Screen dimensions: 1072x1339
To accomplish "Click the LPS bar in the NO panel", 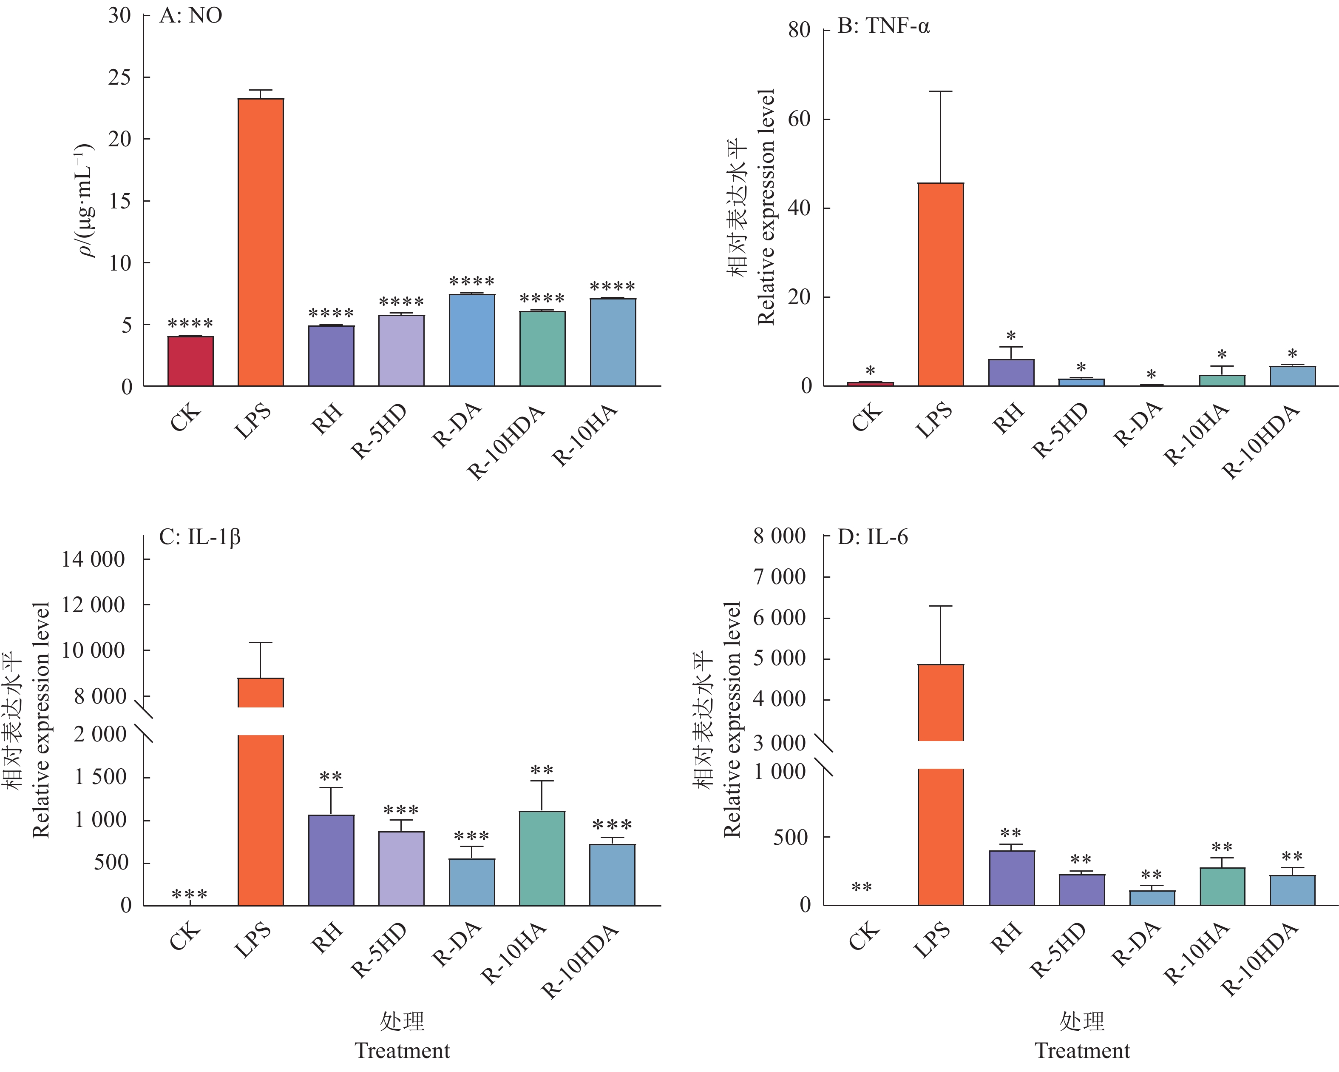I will (261, 242).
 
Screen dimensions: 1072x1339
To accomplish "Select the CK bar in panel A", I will (191, 361).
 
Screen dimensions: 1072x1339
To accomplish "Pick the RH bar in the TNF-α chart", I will (1011, 373).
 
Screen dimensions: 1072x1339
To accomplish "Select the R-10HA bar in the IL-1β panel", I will (542, 858).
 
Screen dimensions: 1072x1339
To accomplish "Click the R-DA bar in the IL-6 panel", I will (1152, 898).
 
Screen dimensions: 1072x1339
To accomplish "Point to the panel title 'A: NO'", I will (191, 16).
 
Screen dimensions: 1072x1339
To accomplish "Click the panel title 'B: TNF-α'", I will (883, 27).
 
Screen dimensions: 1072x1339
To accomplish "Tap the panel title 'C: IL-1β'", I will (199, 537).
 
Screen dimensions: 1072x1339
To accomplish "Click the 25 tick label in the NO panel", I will (120, 78).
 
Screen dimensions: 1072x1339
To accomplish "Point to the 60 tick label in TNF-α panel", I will (799, 119).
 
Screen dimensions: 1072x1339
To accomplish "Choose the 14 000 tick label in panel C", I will (93, 559).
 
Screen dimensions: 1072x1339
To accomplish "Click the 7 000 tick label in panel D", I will (780, 577).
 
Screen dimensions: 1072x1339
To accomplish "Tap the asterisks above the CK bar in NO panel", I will (191, 324).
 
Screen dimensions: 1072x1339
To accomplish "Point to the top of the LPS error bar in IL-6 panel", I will (941, 606).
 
